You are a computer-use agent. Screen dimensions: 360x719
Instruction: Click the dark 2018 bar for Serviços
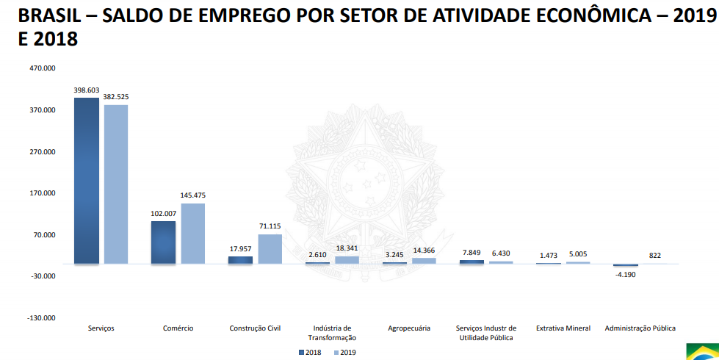86,180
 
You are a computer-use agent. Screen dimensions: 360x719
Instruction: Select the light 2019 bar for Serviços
116,184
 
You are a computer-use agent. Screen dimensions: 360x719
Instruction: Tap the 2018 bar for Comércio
163,242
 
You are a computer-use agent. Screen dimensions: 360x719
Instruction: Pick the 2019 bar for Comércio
193,233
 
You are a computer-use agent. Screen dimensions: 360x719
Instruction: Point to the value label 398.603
86,90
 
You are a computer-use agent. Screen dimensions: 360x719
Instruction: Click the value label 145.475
193,195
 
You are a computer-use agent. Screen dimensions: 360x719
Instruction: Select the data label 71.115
270,226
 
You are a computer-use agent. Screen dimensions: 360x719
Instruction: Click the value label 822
655,256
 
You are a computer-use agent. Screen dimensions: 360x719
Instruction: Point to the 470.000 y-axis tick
42,68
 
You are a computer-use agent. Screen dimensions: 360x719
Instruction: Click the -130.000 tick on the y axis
41,318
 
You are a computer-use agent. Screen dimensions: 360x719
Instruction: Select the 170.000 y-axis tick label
42,193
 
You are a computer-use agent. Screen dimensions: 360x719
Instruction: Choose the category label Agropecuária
409,328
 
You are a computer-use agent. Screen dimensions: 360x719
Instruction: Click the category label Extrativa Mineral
563,328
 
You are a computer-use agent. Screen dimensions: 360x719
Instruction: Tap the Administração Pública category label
640,328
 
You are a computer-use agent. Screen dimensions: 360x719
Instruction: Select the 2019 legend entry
344,353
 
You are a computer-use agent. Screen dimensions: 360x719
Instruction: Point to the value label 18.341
347,248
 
